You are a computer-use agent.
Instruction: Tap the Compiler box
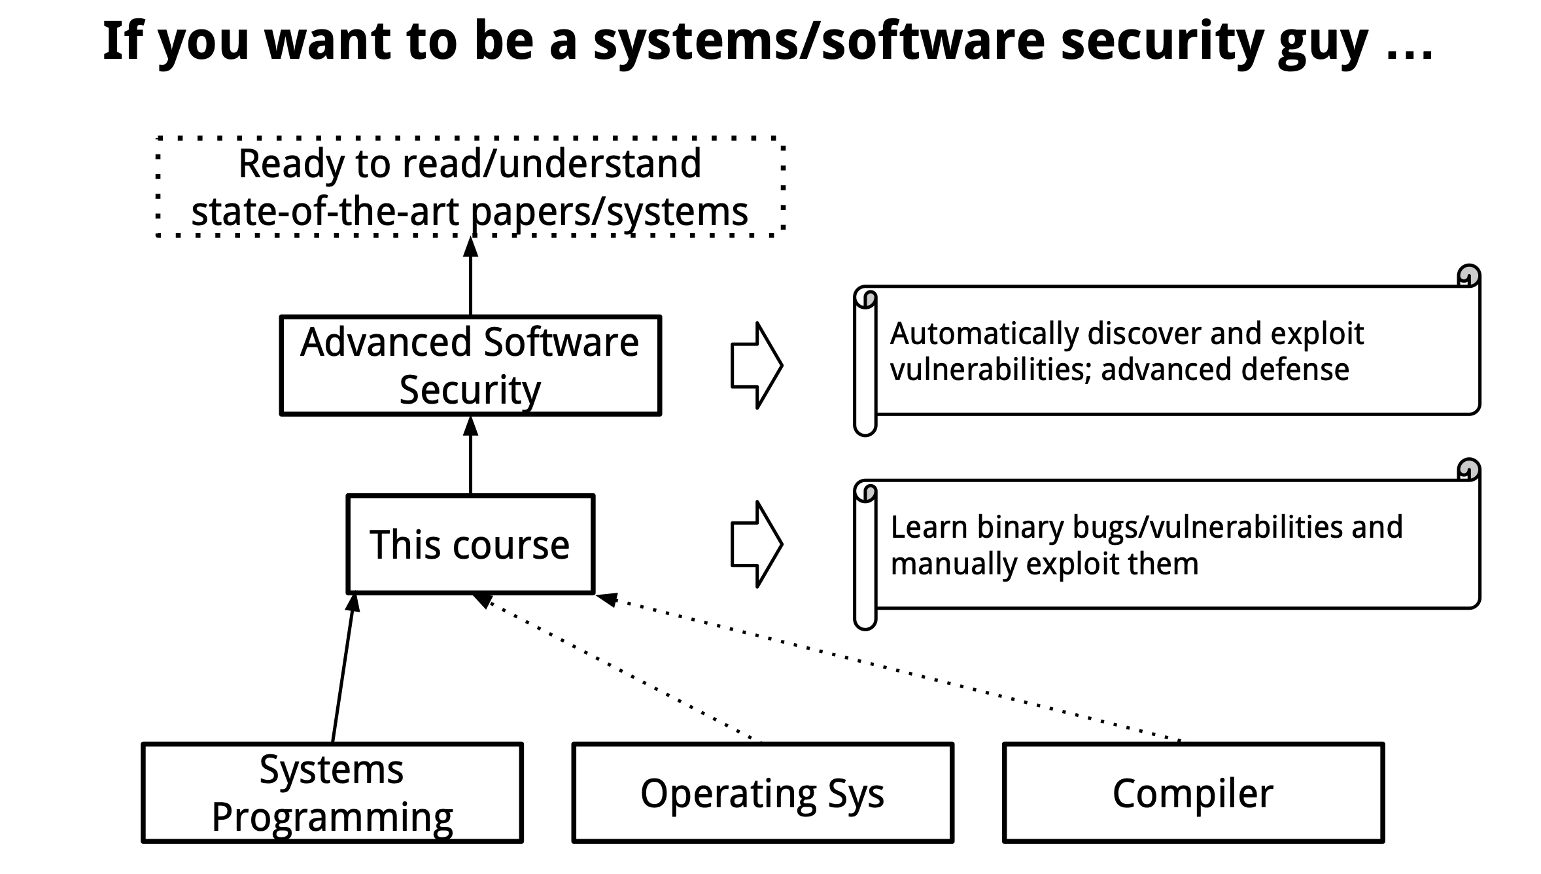point(1192,792)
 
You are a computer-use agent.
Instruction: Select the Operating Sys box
point(762,792)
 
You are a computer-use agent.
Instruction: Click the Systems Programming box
point(332,792)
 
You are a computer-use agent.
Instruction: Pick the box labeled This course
point(470,544)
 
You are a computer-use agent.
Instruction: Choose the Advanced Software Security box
point(470,365)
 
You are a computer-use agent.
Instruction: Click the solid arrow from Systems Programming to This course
point(343,667)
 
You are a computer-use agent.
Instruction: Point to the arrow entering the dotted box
point(470,278)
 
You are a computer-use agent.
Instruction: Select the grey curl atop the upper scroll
point(1469,275)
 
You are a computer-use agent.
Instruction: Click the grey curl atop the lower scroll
point(1469,469)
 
